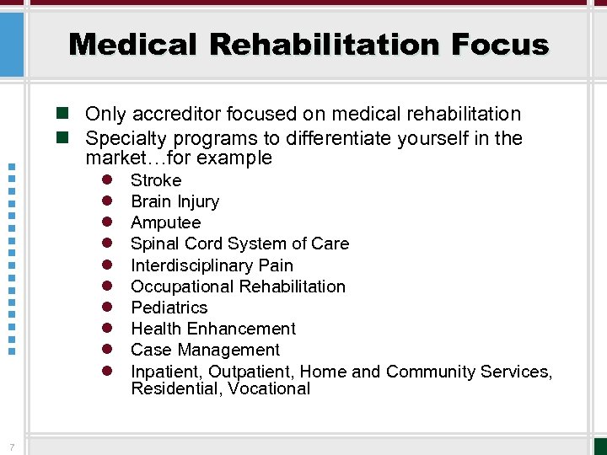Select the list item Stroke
coord(156,180)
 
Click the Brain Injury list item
coord(175,201)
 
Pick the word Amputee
coord(165,222)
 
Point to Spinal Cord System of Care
coord(239,244)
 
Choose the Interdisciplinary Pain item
coord(212,265)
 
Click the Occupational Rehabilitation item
coord(238,286)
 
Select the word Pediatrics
coord(169,308)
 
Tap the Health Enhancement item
coord(213,329)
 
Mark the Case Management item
coord(205,350)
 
